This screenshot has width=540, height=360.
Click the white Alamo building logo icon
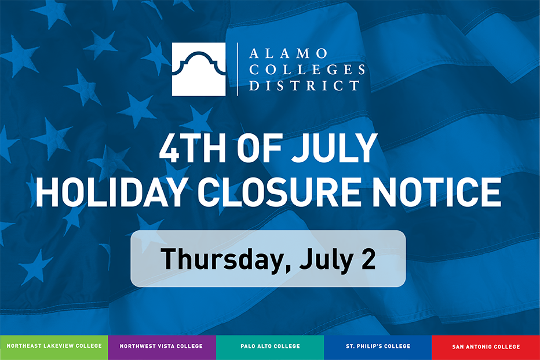pos(199,69)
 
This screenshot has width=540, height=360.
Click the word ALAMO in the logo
pos(289,53)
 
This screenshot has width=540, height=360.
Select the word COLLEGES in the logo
pos(307,69)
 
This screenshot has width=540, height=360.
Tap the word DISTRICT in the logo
pos(304,85)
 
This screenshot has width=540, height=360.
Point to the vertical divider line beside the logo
pos(238,69)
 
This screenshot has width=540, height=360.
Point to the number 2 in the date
pos(368,259)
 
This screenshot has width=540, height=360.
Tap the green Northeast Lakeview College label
pos(54,346)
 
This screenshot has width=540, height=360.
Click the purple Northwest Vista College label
pos(161,346)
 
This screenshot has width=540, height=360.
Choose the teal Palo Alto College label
pos(270,346)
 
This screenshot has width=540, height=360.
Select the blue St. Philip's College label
pos(378,346)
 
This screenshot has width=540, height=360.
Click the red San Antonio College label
pos(486,347)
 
